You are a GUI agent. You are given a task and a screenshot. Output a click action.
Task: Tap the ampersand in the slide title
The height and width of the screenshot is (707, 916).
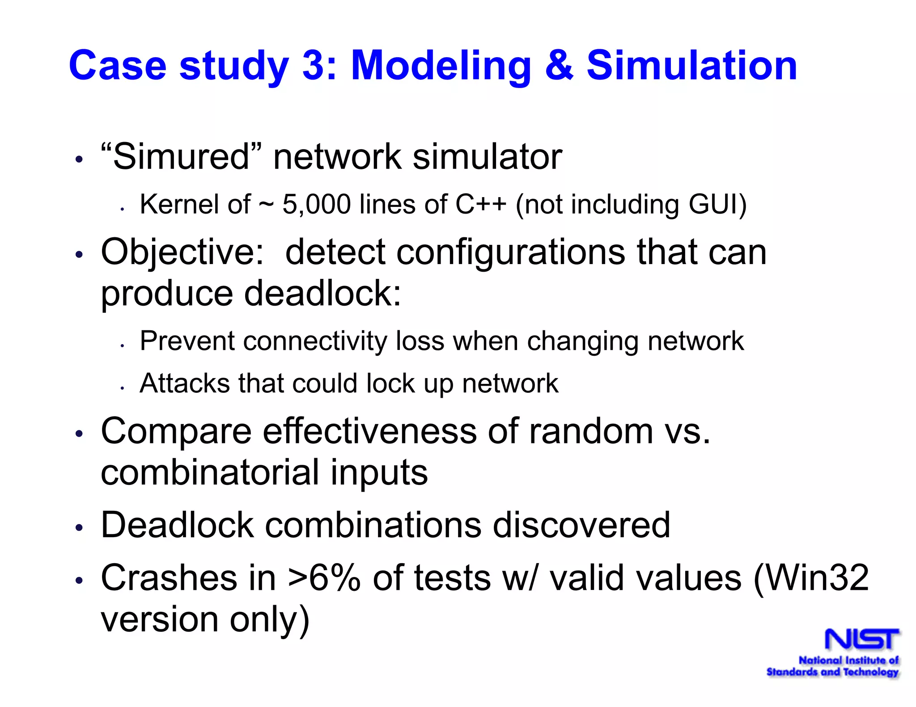558,66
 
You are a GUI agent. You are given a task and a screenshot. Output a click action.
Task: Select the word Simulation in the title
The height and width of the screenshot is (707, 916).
691,66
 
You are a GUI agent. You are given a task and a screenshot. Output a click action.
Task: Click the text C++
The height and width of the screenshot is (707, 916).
480,205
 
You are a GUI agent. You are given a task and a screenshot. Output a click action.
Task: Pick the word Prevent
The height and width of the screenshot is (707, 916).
187,341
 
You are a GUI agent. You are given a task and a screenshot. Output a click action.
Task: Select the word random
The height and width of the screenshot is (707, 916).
591,432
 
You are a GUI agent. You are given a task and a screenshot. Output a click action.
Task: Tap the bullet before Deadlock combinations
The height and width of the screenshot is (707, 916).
79,528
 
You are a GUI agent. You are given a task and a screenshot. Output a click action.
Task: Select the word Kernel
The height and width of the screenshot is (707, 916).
179,205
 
